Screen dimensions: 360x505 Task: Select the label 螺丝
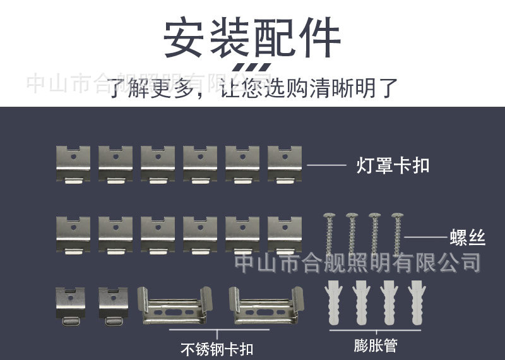pyautogui.click(x=468, y=237)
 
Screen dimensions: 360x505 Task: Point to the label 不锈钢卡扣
pyautogui.click(x=217, y=348)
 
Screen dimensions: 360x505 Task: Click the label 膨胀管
pyautogui.click(x=376, y=345)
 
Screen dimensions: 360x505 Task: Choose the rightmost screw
pyautogui.click(x=398, y=234)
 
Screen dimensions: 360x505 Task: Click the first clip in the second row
pyautogui.click(x=73, y=234)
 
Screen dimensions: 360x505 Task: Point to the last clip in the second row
pyautogui.click(x=284, y=234)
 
